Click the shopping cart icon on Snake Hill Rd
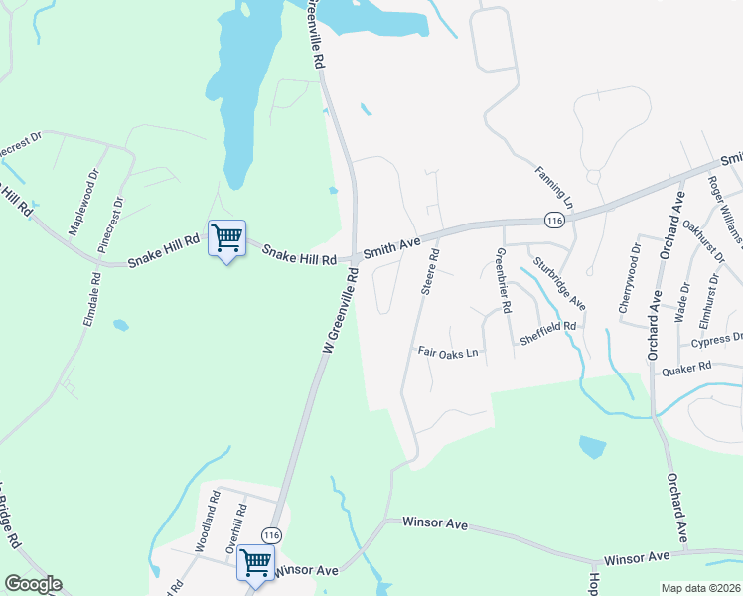click(x=227, y=238)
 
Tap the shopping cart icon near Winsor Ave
click(x=255, y=563)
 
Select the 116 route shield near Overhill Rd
click(x=272, y=536)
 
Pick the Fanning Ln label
click(x=552, y=185)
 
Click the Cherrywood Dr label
click(x=629, y=284)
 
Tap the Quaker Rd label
click(x=687, y=368)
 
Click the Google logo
click(x=32, y=584)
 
